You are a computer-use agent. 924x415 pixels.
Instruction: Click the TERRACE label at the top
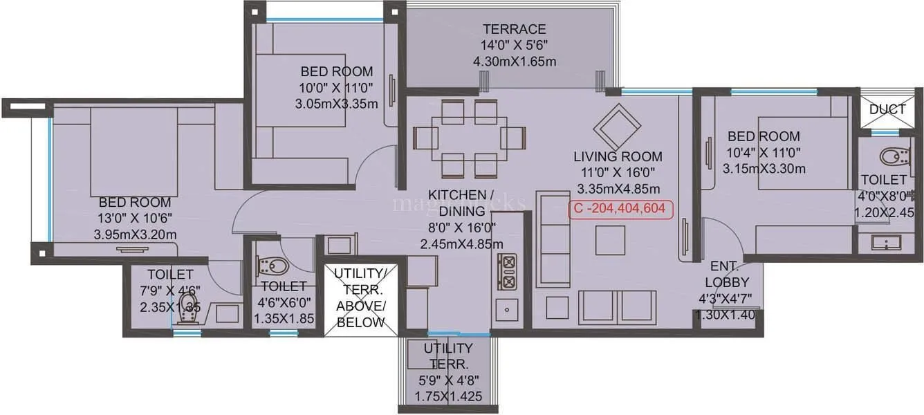pos(514,29)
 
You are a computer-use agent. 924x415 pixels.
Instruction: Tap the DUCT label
pos(887,109)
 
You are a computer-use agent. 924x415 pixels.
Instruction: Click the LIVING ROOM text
pos(618,156)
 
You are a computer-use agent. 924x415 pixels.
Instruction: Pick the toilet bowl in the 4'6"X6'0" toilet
pos(272,266)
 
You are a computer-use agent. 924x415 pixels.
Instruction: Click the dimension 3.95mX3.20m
pos(135,234)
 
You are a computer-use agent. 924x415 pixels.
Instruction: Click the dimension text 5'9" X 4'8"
pos(448,380)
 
